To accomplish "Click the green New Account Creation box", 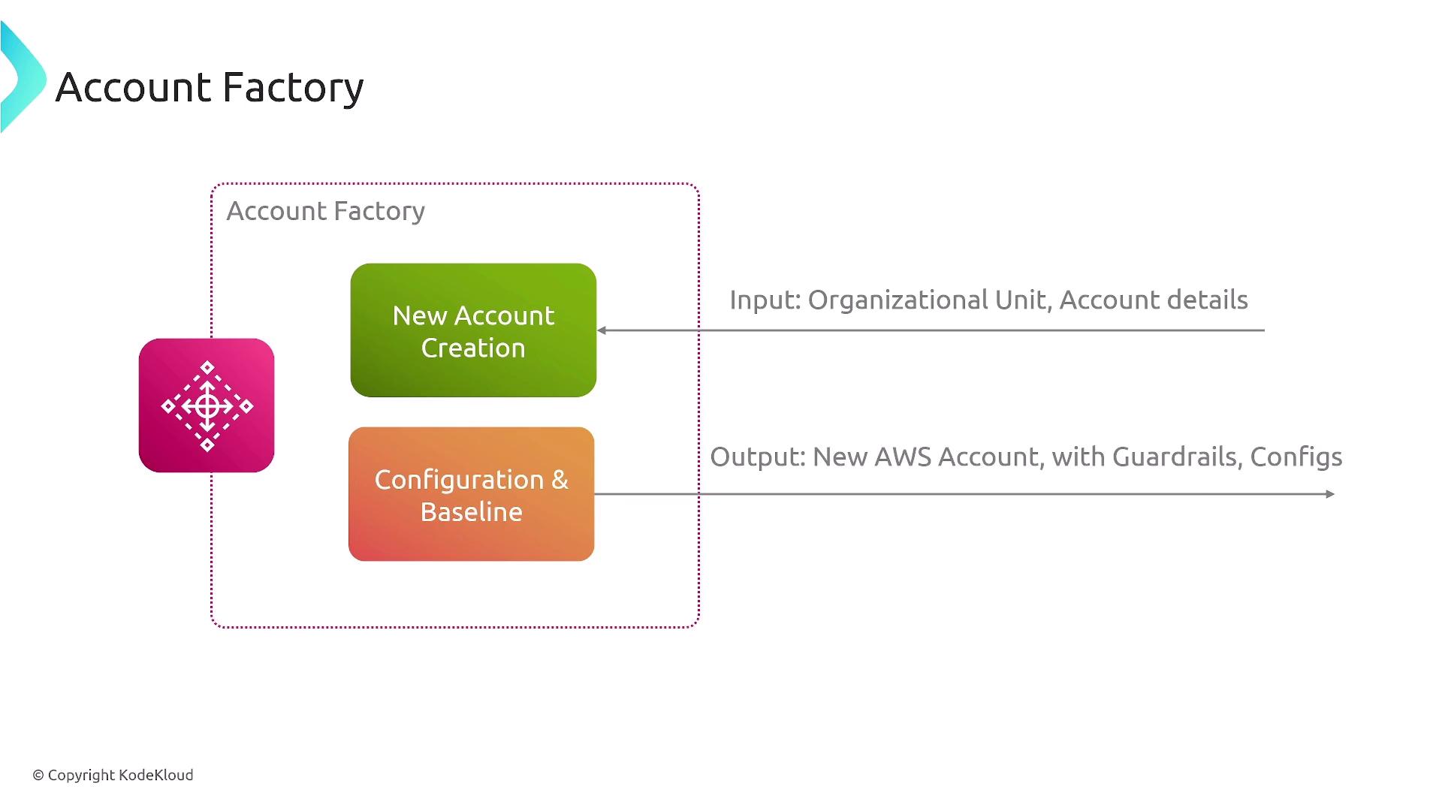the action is (x=473, y=330).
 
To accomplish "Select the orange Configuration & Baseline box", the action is (x=471, y=494).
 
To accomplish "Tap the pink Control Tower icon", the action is (x=207, y=405).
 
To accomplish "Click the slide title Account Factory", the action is (x=210, y=87).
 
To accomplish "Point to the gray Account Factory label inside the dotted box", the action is (x=325, y=211).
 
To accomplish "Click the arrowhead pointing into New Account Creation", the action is (x=602, y=330).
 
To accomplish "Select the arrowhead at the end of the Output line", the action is (x=1330, y=494).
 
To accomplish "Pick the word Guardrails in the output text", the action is (x=1178, y=457).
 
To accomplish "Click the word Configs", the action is (x=1296, y=457).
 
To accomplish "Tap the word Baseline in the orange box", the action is (x=471, y=512).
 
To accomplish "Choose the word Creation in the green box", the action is (x=473, y=348).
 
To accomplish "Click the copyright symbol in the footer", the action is (x=38, y=775).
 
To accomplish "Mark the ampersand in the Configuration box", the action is (x=560, y=480).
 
